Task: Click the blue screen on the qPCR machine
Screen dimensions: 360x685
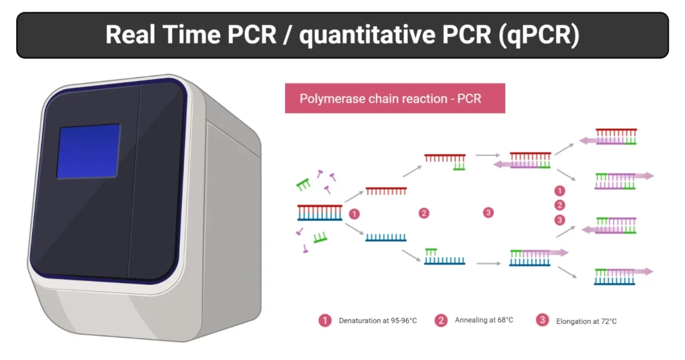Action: point(88,151)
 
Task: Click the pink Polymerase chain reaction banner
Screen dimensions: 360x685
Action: point(395,98)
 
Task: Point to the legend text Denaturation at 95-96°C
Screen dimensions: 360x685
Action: point(377,321)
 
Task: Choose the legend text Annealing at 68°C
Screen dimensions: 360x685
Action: point(484,321)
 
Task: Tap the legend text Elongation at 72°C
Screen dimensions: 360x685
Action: point(586,321)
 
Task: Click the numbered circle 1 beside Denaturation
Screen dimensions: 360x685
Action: point(325,321)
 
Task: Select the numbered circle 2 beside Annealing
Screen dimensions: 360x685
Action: point(441,321)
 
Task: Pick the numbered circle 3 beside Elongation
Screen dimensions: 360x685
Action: point(543,321)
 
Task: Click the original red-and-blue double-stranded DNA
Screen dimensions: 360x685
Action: point(320,212)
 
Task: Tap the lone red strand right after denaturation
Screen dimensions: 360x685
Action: point(386,191)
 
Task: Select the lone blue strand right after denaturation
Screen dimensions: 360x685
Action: point(386,236)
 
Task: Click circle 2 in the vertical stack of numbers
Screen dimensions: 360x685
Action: point(560,205)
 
